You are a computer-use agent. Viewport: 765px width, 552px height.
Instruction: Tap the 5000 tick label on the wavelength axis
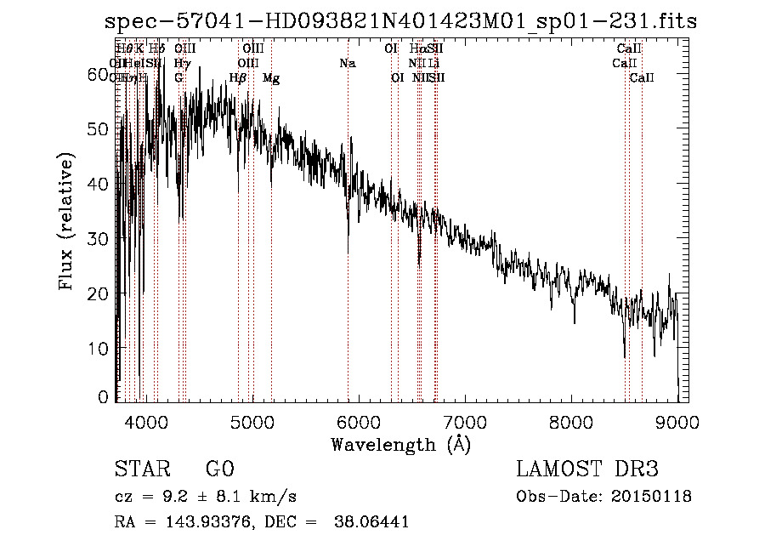click(251, 422)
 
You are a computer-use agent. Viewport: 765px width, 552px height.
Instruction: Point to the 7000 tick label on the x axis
click(464, 422)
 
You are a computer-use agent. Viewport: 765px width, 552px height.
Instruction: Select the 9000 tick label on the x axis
click(677, 422)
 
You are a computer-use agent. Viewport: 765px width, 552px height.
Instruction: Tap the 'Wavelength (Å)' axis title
click(400, 444)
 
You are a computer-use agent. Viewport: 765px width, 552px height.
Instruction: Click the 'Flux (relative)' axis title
click(67, 221)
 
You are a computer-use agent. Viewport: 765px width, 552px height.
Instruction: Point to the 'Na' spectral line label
click(347, 64)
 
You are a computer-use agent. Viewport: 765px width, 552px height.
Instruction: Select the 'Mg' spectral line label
click(271, 78)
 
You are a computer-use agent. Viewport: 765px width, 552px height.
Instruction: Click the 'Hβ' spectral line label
click(238, 78)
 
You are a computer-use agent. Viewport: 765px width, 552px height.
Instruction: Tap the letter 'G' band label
click(178, 78)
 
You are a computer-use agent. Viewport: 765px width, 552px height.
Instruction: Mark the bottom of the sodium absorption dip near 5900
click(348, 252)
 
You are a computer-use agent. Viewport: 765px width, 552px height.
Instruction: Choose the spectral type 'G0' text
click(219, 469)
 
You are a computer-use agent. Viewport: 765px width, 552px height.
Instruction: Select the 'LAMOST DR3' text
click(587, 469)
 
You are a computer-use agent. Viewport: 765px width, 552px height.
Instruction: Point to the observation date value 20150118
click(654, 497)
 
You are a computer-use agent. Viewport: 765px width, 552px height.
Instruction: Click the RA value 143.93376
click(202, 522)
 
